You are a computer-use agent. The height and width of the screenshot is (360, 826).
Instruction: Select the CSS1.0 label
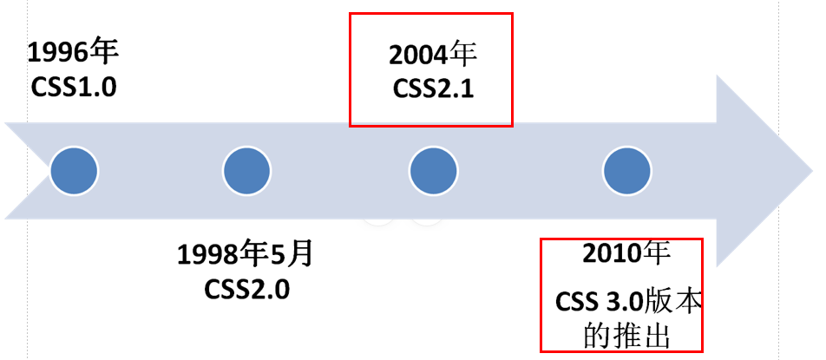coord(72,87)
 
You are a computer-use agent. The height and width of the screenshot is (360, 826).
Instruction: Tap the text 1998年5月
coord(246,256)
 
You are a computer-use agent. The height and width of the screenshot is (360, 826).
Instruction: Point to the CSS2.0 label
coord(247,288)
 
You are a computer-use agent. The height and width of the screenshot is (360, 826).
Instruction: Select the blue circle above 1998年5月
coord(247,170)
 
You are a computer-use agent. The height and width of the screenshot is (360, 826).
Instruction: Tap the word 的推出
coord(627,335)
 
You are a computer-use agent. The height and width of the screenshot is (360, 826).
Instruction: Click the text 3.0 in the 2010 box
coord(622,303)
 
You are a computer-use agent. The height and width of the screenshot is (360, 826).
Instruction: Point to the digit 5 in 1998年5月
coord(279,256)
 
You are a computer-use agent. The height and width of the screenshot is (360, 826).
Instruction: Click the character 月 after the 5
coord(299,256)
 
